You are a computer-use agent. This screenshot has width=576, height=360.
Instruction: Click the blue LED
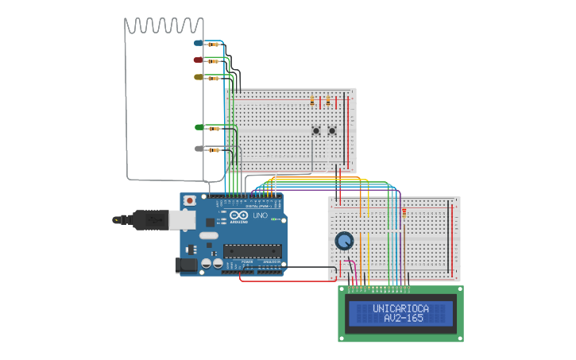tap(199, 42)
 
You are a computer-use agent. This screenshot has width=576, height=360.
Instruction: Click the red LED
tap(199, 60)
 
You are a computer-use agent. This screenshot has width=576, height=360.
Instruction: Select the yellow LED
tap(199, 77)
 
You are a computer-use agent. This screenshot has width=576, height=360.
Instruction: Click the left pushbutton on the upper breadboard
tap(316, 131)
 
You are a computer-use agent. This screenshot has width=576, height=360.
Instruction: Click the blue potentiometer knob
tap(344, 240)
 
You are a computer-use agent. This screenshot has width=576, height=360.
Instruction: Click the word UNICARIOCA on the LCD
tap(400, 308)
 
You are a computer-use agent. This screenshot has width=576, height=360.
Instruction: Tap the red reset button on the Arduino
tap(189, 200)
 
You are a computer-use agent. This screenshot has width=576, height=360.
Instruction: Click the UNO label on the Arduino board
tap(260, 215)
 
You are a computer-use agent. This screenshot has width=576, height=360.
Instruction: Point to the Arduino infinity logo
tap(239, 215)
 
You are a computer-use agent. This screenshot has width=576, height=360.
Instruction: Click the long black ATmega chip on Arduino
tap(252, 251)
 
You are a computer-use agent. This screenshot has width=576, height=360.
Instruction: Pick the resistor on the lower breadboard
tap(404, 212)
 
